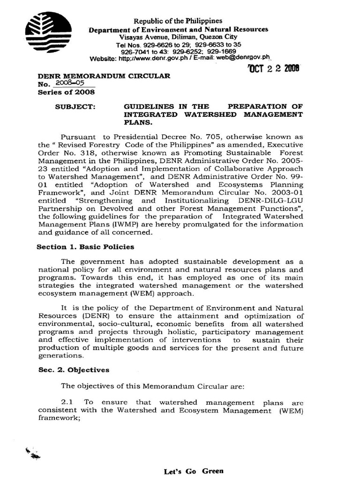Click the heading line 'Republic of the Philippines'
click(178, 21)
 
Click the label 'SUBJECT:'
click(75, 106)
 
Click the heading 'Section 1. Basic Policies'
click(85, 247)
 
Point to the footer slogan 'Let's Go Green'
click(193, 471)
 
